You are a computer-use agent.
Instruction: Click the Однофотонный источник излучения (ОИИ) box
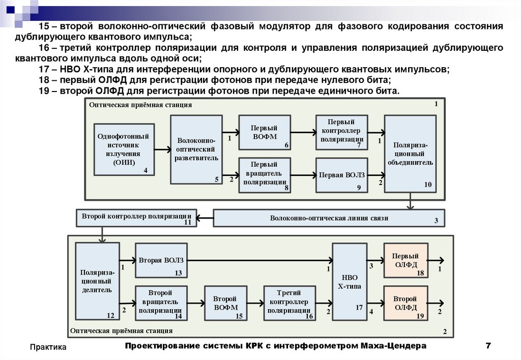123,149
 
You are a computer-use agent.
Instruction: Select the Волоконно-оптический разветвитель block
196,149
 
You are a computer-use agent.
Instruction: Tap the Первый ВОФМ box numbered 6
265,133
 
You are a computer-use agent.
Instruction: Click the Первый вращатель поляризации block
265,175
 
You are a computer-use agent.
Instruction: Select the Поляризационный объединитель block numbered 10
410,154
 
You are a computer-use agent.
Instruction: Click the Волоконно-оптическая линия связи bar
329,218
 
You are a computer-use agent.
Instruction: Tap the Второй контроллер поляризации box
136,217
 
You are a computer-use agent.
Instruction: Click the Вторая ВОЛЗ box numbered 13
160,261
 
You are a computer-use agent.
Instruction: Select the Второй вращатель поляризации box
160,303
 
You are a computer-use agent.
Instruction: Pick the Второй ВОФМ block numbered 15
225,303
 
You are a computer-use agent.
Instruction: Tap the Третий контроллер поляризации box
289,303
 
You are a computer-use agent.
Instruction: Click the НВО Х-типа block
350,282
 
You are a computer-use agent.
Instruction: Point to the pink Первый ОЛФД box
406,260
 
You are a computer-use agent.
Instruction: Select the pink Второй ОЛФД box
406,303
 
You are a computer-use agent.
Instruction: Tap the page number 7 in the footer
488,346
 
